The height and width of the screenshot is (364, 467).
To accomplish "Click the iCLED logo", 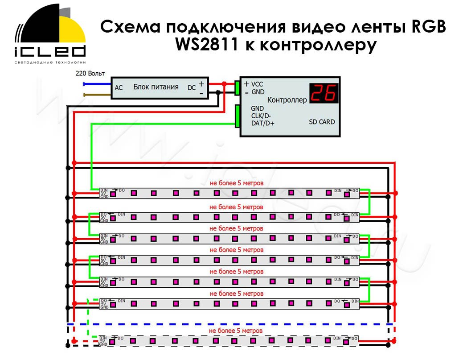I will coord(49,36).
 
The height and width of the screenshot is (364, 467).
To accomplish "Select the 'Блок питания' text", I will coord(156,87).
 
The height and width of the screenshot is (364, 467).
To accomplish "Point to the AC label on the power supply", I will coord(119,88).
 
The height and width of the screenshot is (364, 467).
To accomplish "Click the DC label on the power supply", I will coord(191,88).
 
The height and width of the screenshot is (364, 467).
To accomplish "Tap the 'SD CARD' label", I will coord(322,122).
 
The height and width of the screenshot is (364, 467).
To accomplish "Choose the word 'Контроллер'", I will coord(287,100).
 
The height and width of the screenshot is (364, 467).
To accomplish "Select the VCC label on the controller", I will coord(257,84).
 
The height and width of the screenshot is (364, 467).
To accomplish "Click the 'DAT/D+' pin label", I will coord(262,123).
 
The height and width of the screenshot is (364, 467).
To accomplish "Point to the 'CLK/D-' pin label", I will coord(261,116).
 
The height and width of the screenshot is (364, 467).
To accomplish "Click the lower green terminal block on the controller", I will coord(238,116).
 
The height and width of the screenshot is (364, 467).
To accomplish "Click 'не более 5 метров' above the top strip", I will coord(237,183).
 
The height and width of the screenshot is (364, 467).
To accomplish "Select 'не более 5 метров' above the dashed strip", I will coord(236,331).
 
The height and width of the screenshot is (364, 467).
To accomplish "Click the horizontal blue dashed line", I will coord(229,324).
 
